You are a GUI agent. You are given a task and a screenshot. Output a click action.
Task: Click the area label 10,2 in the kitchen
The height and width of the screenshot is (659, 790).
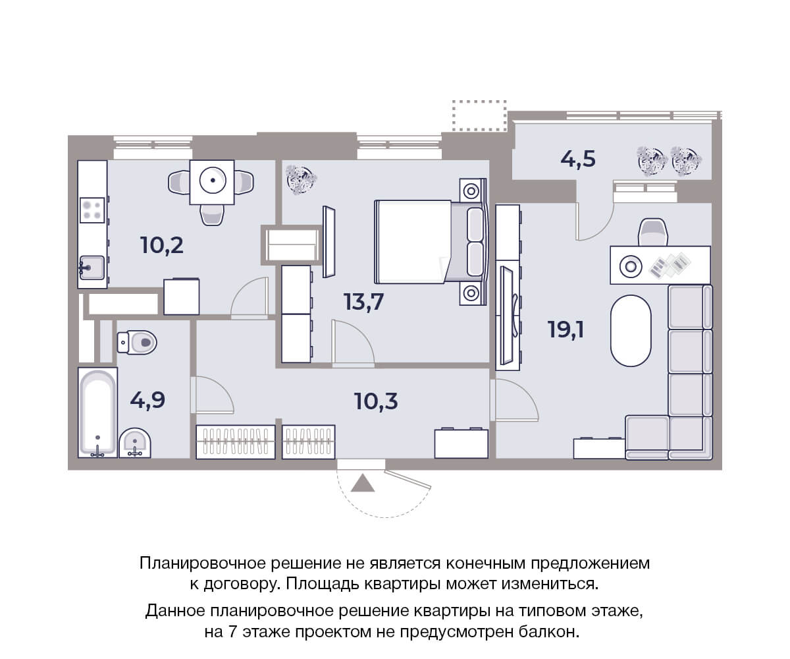coord(162,245)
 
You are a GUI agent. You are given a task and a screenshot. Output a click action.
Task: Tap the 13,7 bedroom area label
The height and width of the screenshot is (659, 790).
coord(363,302)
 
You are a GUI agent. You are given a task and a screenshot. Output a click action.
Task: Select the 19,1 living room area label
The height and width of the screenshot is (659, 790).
coord(566,329)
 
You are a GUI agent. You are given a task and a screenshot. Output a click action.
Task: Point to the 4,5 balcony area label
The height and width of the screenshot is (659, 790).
coord(578,159)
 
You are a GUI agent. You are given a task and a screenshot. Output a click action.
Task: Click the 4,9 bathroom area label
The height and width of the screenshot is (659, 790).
coord(147,400)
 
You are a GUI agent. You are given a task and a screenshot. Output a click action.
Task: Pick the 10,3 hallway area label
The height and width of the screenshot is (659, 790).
coord(376,401)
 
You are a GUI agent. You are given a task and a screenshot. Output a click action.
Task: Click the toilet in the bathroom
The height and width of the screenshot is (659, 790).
coord(137,343)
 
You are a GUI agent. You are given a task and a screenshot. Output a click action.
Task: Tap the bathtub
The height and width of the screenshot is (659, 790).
coord(97,413)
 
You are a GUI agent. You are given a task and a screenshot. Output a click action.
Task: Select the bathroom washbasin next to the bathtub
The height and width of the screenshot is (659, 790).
coord(135,444)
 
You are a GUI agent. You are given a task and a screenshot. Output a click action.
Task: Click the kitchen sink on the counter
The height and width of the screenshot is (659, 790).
coord(92,268)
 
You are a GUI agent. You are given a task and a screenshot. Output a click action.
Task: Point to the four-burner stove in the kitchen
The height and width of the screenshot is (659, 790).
coord(92,210)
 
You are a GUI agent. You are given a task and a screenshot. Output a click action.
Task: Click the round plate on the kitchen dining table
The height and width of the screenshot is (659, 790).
coord(213,181)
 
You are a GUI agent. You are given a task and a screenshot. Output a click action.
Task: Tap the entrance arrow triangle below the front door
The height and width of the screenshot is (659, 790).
coord(363,484)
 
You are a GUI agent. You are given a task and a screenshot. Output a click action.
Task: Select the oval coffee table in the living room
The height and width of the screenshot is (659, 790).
coord(631,331)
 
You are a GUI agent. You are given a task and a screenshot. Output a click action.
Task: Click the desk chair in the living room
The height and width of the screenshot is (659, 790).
coord(652,232)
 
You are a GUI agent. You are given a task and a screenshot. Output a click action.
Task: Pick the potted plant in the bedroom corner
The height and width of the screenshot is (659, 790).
coord(301,179)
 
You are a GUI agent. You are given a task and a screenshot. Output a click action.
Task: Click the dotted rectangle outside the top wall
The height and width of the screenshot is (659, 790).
coord(479,115)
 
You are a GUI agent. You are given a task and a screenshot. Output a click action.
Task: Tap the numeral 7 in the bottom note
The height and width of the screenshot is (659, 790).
coord(232,632)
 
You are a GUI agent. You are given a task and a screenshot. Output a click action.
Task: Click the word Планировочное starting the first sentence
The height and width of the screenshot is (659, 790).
coord(202,564)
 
